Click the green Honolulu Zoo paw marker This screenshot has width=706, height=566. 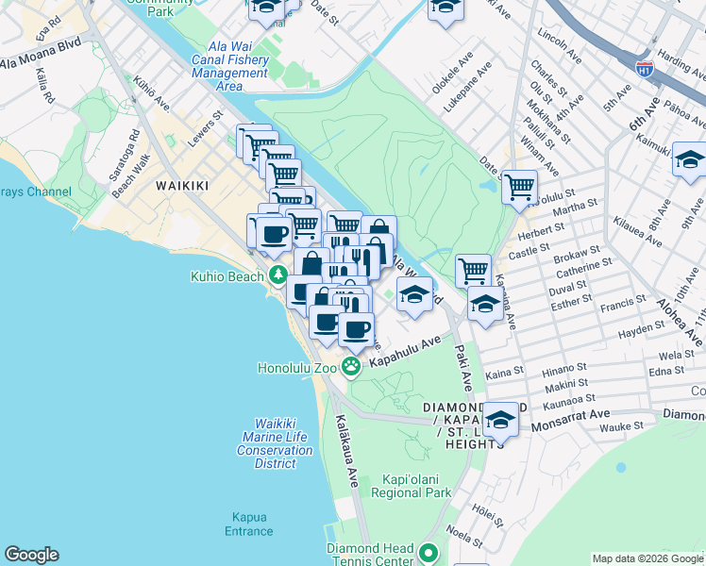tap(351, 367)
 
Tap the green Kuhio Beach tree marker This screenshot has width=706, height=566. tap(277, 275)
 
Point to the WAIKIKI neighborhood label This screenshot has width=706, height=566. tap(181, 186)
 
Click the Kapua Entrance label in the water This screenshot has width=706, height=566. tap(249, 524)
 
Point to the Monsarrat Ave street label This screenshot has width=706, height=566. tap(575, 414)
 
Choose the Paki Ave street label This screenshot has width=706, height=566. tap(463, 366)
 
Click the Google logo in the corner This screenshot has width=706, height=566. tap(31, 555)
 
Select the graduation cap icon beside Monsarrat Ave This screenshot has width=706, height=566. tap(500, 419)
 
